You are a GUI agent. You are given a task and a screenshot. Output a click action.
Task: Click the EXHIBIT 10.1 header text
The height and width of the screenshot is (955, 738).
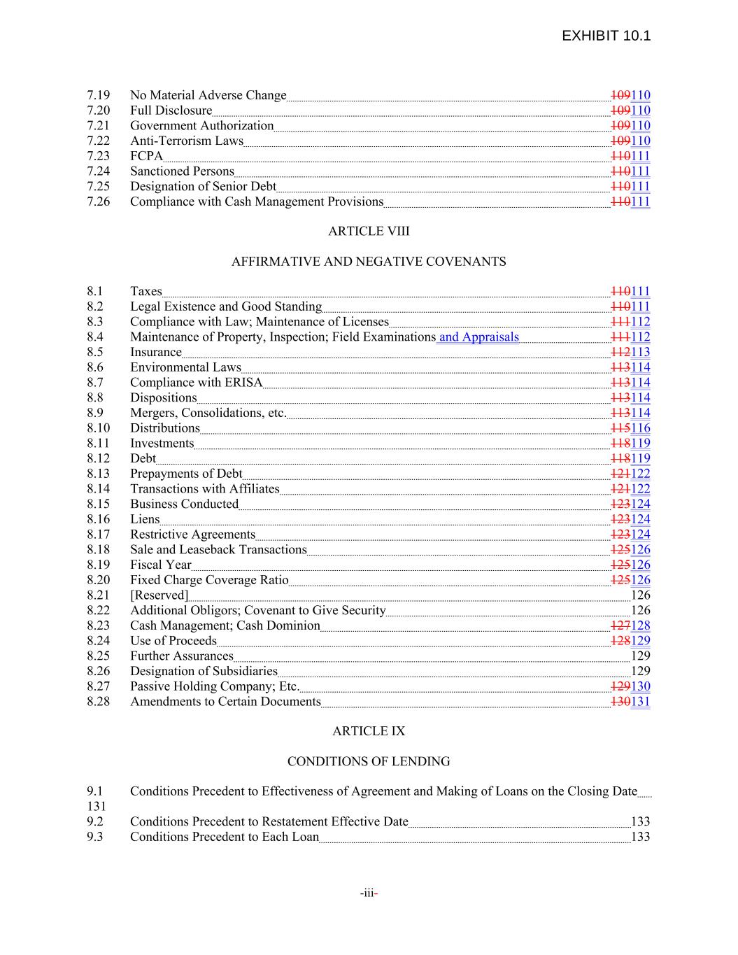606,36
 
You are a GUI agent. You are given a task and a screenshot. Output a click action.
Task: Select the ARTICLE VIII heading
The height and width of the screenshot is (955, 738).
369,232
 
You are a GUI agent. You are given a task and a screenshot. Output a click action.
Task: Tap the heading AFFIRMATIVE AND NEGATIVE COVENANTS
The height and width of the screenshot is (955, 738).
369,262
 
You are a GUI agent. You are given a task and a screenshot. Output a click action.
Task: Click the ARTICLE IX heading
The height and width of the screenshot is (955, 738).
369,731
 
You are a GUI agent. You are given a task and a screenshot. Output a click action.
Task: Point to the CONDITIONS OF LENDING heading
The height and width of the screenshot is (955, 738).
369,761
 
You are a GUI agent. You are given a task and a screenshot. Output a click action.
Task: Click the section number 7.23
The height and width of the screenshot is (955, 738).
99,156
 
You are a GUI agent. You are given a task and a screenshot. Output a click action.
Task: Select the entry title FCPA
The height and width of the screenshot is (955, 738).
146,156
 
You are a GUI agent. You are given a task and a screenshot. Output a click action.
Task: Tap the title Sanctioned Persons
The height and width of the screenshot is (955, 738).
182,171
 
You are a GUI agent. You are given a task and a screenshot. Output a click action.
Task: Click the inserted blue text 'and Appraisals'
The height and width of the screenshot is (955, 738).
479,337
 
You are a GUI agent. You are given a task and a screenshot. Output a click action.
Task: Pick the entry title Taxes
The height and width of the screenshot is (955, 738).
146,292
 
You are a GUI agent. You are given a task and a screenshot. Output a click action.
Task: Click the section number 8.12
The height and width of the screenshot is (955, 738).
99,459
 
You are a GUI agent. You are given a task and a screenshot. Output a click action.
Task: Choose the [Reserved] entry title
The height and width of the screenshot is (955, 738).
159,595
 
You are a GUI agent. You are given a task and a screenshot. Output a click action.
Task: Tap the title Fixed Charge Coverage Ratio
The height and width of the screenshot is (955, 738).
209,580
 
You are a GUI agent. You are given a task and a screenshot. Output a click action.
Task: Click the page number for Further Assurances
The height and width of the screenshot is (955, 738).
640,656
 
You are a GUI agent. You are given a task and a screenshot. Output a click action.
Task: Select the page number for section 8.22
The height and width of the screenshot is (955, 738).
640,611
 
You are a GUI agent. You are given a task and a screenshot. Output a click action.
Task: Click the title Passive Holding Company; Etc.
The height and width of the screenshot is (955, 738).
215,686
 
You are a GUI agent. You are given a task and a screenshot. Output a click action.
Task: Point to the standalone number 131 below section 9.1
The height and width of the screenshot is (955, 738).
97,807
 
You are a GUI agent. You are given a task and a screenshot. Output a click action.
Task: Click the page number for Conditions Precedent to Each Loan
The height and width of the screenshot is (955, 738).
640,837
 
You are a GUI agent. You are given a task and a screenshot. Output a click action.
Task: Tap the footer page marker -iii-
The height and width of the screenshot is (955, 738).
369,893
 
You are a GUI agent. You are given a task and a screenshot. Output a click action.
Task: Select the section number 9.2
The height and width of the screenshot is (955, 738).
95,822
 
